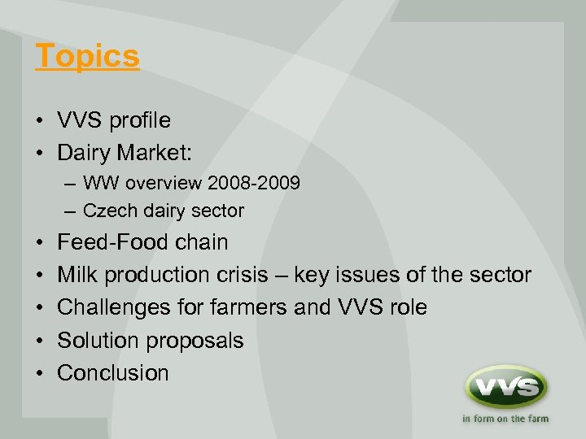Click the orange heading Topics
coord(87,57)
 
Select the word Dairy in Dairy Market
coord(85,152)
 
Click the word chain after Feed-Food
coord(201,242)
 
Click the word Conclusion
coord(113,373)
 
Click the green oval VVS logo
coord(505,387)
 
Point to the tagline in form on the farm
coord(505,419)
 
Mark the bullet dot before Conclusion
coord(40,374)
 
